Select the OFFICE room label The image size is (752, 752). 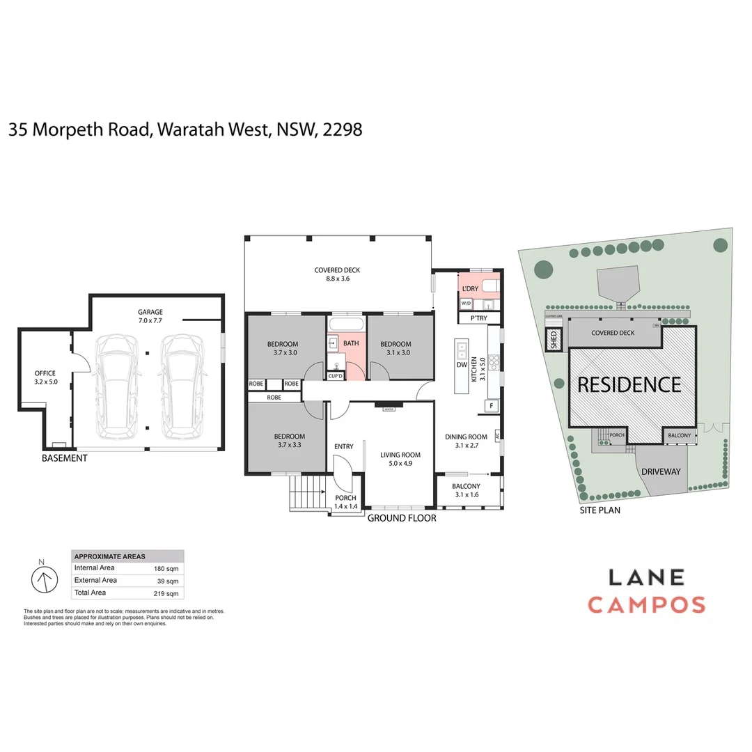(x=45, y=373)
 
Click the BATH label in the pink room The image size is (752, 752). (x=351, y=343)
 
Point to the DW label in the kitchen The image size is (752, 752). (x=461, y=365)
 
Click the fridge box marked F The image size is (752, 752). (x=491, y=406)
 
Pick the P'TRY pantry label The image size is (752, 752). (x=478, y=318)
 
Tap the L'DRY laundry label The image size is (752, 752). (x=469, y=288)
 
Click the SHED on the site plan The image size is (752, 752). (x=554, y=340)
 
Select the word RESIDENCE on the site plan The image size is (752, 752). (x=629, y=385)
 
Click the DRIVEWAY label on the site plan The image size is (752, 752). (x=661, y=471)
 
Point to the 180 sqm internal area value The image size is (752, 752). (x=166, y=568)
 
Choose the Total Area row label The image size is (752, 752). (x=90, y=593)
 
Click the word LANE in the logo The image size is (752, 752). (x=647, y=577)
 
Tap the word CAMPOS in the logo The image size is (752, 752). (x=647, y=604)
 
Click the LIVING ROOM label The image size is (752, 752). (x=400, y=455)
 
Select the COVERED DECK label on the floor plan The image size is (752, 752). (x=337, y=270)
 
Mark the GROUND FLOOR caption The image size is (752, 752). (x=402, y=518)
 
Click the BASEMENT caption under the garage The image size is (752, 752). (x=65, y=458)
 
